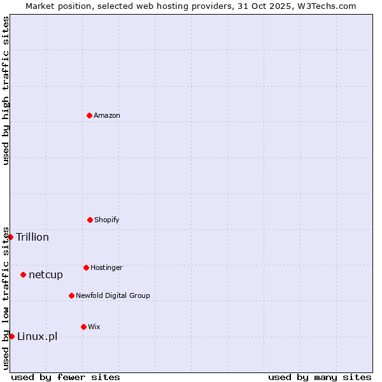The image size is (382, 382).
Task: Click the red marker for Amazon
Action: pos(89,115)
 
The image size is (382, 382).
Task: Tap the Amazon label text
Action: pos(107,116)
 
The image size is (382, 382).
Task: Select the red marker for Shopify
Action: pos(90,220)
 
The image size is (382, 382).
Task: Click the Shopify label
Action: pos(107,220)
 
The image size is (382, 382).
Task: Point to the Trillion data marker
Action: pos(10,237)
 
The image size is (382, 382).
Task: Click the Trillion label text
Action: pos(32,237)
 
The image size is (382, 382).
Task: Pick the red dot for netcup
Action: pos(23,274)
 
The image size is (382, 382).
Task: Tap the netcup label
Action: pos(46,275)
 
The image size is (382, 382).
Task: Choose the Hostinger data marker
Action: pos(86,267)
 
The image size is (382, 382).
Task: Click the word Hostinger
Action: pos(106,268)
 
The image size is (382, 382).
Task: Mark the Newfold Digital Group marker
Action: pos(71,295)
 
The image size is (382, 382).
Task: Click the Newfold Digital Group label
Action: pos(113,296)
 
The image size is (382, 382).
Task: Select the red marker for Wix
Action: pos(83,327)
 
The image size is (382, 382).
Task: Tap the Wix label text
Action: pos(94,327)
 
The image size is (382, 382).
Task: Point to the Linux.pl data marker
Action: pos(11,336)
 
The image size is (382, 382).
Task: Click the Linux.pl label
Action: pos(37,337)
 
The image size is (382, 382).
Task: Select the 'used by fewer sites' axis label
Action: pos(66,377)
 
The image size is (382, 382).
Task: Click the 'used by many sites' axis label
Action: pos(320,377)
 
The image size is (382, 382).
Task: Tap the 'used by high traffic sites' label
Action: pos(6,90)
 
